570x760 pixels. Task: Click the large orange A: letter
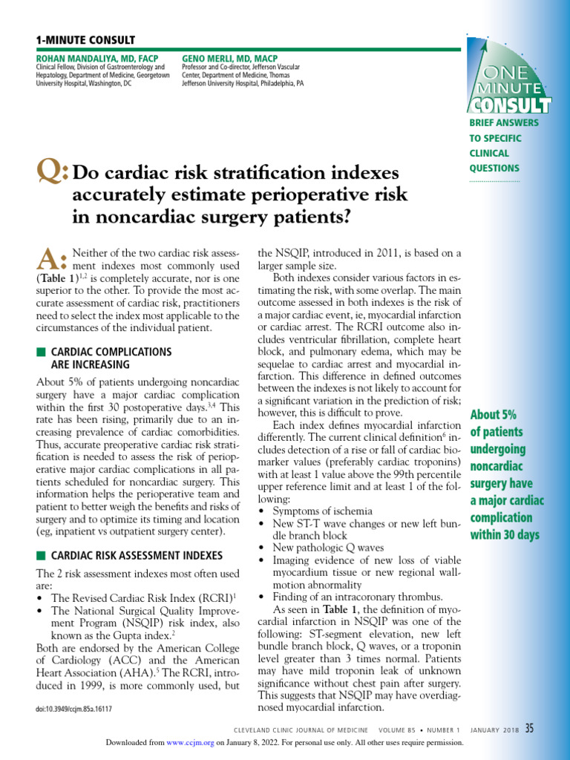coord(52,261)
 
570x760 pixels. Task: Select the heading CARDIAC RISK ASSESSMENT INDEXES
coord(137,555)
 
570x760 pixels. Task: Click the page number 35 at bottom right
coord(529,728)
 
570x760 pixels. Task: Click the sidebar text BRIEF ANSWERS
coord(503,122)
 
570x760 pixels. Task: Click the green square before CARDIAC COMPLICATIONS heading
coord(40,351)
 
